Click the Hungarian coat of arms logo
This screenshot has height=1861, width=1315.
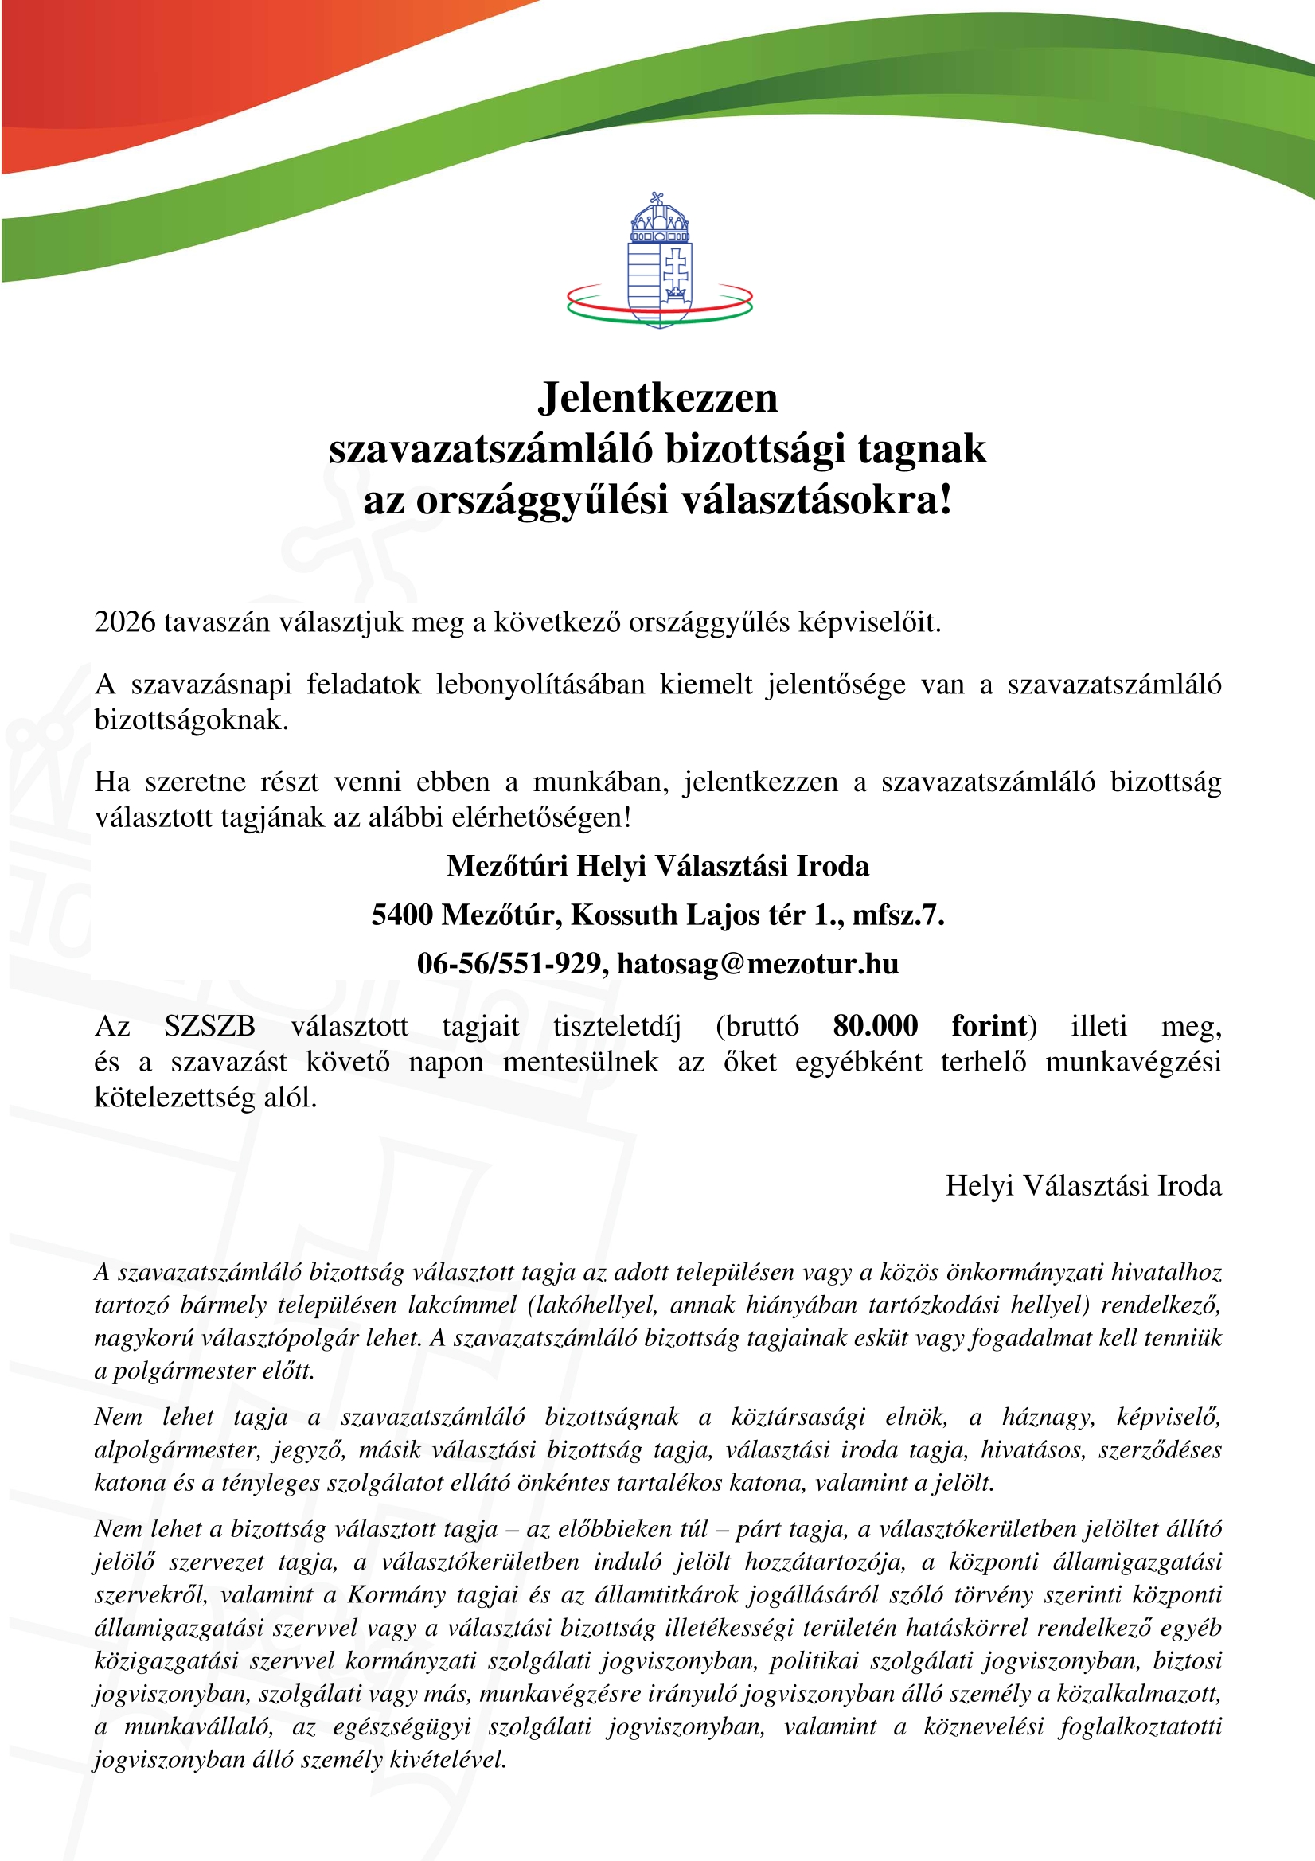coord(659,260)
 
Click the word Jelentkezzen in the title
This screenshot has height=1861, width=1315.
coord(657,398)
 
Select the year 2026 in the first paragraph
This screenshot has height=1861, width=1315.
coord(125,622)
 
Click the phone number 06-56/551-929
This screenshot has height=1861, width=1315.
coord(509,963)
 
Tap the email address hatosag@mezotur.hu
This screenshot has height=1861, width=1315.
coord(757,963)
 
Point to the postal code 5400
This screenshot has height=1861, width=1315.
coord(403,915)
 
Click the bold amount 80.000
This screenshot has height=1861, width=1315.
coord(875,1025)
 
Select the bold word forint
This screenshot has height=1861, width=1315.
coord(989,1025)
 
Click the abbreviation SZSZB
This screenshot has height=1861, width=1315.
coord(209,1025)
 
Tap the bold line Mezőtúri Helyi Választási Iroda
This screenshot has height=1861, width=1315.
coord(657,866)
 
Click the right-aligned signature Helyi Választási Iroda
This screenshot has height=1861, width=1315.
coord(1083,1185)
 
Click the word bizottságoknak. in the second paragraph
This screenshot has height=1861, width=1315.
coord(191,720)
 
